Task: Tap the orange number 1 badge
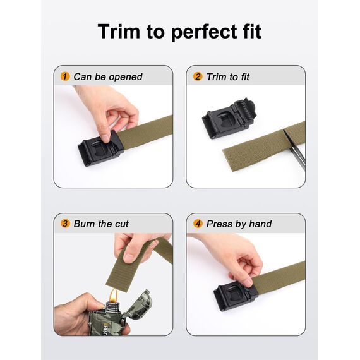pos(65,76)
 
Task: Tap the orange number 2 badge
pos(198,76)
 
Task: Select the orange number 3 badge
pos(65,224)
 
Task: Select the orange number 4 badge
pos(198,224)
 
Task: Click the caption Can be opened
pos(107,76)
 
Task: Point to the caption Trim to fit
pos(228,76)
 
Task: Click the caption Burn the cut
pos(101,224)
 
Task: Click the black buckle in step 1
pos(99,148)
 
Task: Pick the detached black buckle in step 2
pos(229,117)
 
